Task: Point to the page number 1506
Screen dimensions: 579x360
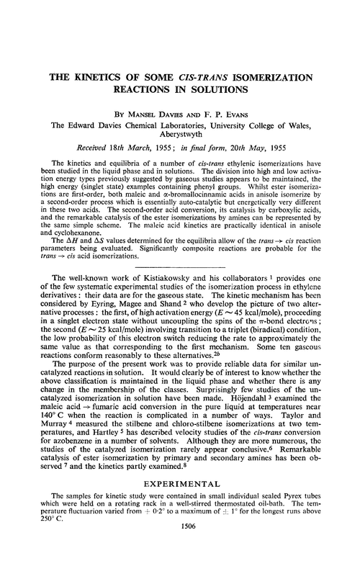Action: [180, 567]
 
